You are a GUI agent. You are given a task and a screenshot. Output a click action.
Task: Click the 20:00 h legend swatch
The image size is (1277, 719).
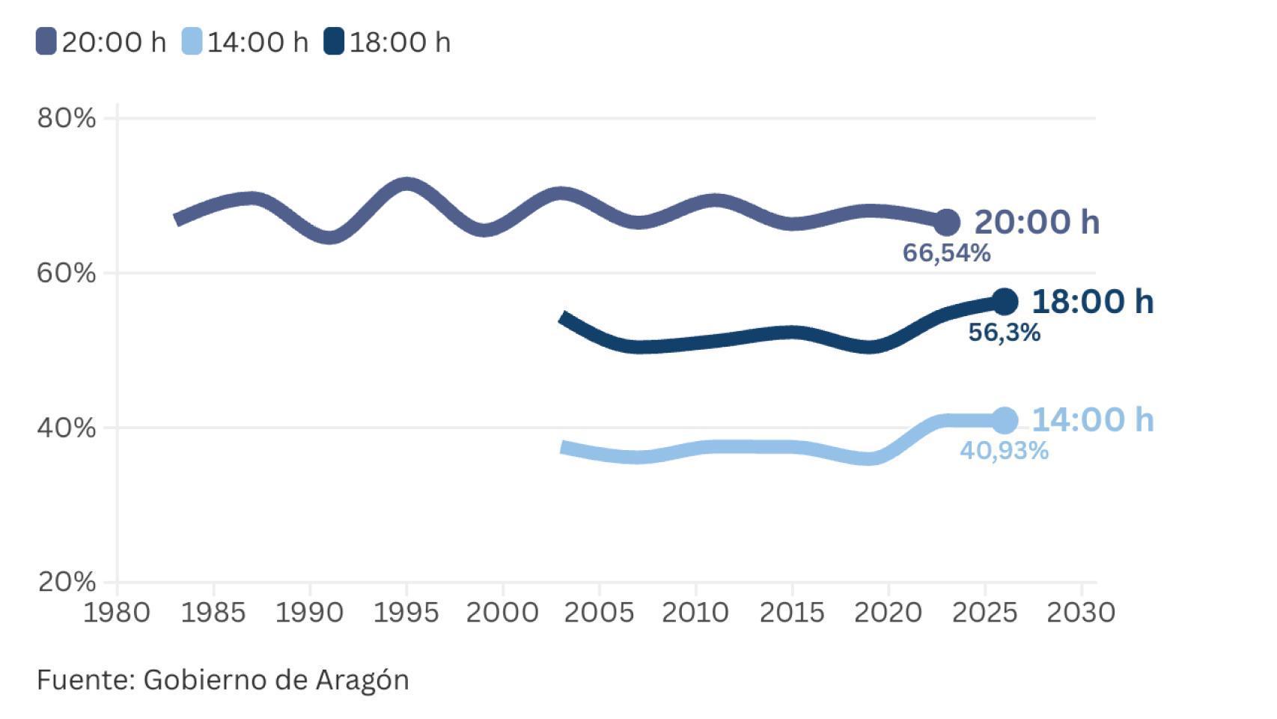[46, 41]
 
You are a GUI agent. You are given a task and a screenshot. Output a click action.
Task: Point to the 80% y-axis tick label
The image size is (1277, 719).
[67, 118]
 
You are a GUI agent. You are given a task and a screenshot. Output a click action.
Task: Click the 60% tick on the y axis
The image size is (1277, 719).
[67, 273]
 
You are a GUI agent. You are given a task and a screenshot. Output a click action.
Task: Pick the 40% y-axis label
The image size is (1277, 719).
[67, 428]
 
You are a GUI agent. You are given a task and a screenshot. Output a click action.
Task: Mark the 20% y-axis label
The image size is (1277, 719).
[67, 582]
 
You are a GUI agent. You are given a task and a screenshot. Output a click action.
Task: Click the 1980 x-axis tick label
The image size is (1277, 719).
[117, 613]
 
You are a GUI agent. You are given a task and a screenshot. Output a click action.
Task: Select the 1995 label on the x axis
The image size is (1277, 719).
[406, 613]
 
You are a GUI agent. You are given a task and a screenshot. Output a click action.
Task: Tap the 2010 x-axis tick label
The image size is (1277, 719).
[695, 613]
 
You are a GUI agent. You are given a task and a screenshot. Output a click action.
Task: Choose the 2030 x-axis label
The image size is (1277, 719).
[1081, 613]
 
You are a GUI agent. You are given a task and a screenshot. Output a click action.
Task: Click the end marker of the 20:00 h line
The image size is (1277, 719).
[947, 222]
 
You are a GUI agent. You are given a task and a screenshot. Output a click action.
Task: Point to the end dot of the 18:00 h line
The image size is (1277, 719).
[1005, 301]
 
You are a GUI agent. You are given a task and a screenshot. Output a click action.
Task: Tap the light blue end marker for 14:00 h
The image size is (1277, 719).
[1005, 420]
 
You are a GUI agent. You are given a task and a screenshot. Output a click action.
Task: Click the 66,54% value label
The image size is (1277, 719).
[946, 253]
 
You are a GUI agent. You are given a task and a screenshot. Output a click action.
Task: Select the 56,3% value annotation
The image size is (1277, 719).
[1004, 333]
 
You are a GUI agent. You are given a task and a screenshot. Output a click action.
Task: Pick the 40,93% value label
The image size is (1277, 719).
[1004, 451]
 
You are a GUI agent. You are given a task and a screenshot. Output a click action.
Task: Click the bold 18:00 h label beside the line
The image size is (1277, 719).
[1093, 301]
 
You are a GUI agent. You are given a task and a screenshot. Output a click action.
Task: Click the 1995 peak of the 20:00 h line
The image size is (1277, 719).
[406, 183]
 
